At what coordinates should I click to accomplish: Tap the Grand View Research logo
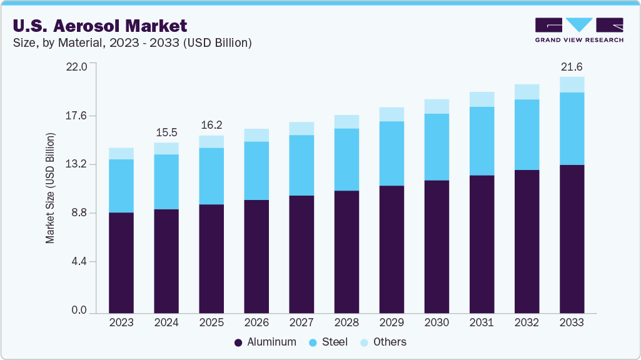point(579,30)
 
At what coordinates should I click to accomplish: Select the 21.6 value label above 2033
point(572,66)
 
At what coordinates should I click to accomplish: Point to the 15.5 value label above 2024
point(166,132)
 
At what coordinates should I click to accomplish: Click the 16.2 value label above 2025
point(211,125)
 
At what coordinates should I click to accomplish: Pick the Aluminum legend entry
point(265,342)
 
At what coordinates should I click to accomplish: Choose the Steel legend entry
point(329,342)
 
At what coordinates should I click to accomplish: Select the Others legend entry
point(383,342)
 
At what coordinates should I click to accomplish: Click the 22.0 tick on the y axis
point(78,66)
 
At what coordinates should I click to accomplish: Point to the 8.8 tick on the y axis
point(80,213)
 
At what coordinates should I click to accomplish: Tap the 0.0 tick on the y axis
point(80,311)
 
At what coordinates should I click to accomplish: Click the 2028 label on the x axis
point(346,322)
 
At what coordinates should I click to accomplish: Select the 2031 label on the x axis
point(482,322)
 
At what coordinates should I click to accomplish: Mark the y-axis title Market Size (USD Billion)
point(50,188)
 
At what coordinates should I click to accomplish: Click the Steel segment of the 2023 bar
point(121,186)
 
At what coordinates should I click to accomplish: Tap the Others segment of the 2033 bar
point(572,84)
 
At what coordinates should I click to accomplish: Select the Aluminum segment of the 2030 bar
point(437,246)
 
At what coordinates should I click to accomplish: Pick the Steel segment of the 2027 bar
point(301,165)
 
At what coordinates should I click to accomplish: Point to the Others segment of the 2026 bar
point(256,135)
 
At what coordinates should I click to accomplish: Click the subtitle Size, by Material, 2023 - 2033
point(131,43)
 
